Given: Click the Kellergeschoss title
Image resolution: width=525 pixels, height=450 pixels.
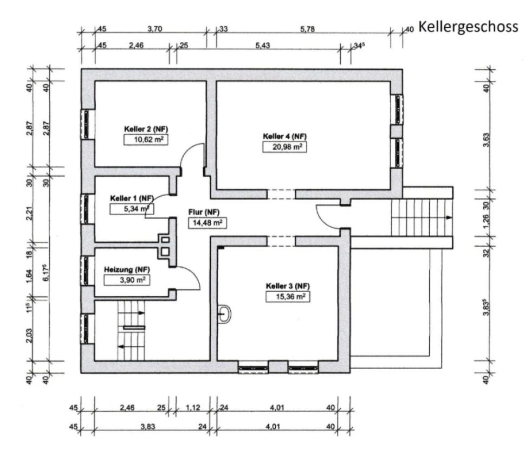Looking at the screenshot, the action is (468, 27).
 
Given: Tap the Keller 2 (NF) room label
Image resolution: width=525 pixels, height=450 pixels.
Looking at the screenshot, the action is (146, 129).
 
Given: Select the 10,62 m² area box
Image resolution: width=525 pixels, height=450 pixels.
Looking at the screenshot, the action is (146, 140).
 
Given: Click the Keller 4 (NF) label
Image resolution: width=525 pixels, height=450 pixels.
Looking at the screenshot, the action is (284, 137).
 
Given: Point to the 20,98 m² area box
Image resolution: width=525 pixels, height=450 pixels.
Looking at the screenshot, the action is (284, 147).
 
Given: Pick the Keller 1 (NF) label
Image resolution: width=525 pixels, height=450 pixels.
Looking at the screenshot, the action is (132, 198).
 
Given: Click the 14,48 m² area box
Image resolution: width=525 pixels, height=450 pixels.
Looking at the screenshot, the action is (208, 223).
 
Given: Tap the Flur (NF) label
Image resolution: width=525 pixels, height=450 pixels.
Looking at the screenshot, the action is (204, 212).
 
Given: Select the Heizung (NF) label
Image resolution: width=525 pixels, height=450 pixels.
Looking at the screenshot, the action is (127, 269).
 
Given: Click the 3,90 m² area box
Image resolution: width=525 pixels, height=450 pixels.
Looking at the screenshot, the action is (127, 280).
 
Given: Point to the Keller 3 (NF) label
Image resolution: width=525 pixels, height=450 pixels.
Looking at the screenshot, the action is (288, 286).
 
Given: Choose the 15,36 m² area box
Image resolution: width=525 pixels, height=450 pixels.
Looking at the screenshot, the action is (288, 297).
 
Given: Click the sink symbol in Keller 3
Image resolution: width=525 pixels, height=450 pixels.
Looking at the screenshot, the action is (224, 314).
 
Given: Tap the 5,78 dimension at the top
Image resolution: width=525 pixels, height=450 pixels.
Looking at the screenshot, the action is (307, 29).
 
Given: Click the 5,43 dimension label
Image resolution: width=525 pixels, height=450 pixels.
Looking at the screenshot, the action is (262, 45).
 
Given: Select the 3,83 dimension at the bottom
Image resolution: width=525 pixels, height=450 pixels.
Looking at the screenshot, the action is (148, 427).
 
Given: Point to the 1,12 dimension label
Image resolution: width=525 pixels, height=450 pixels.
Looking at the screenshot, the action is (193, 408).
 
